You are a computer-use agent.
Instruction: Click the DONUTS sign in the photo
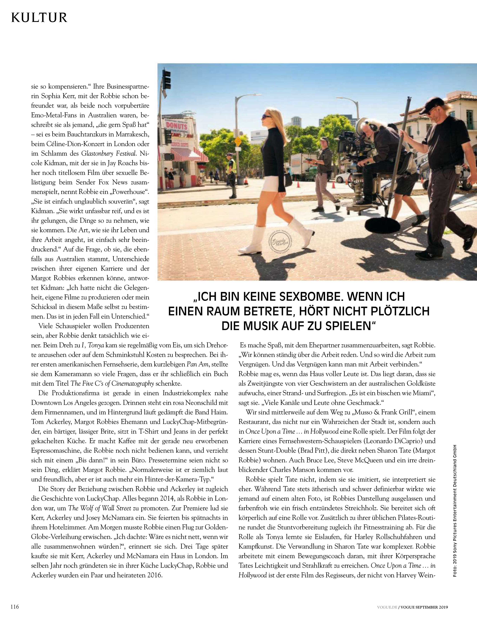click(177, 126)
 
